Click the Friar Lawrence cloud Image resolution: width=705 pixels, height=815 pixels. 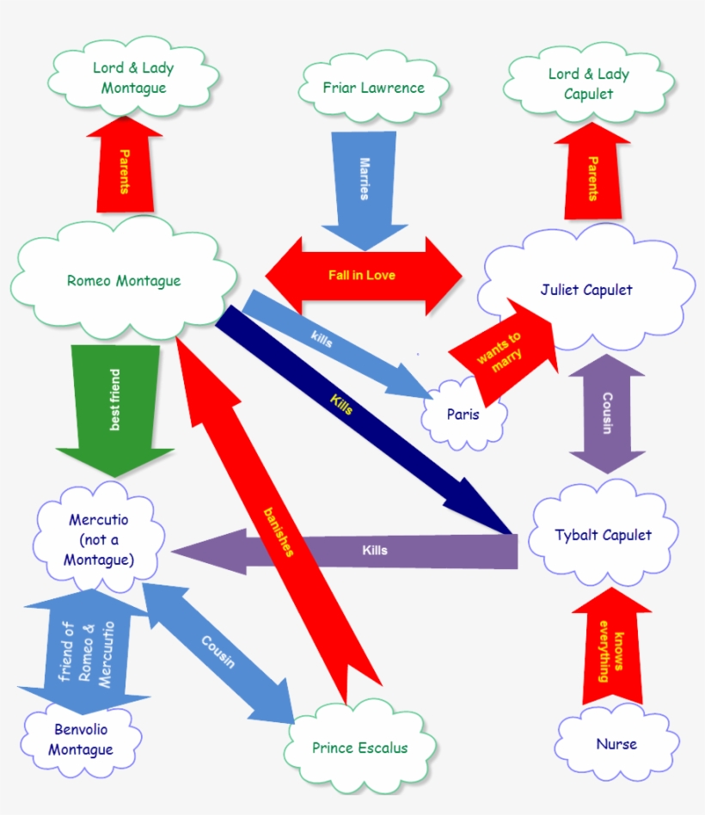[374, 88]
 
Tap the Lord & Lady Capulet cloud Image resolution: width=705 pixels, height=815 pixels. [588, 83]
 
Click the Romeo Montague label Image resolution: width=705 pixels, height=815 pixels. [124, 281]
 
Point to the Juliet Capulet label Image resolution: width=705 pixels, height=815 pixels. [586, 290]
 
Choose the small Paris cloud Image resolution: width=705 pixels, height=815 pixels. [463, 414]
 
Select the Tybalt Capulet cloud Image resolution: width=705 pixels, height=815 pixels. [603, 536]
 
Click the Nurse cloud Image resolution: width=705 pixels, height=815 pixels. [616, 744]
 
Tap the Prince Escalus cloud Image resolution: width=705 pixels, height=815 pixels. [360, 748]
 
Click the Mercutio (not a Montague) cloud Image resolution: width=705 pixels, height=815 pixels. [98, 541]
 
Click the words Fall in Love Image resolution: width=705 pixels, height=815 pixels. [361, 275]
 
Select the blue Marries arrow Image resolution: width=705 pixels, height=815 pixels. [364, 185]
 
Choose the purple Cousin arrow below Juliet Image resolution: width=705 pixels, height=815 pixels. [607, 414]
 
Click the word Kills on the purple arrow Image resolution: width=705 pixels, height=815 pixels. [375, 550]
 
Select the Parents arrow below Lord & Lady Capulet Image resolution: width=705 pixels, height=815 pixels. [592, 176]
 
